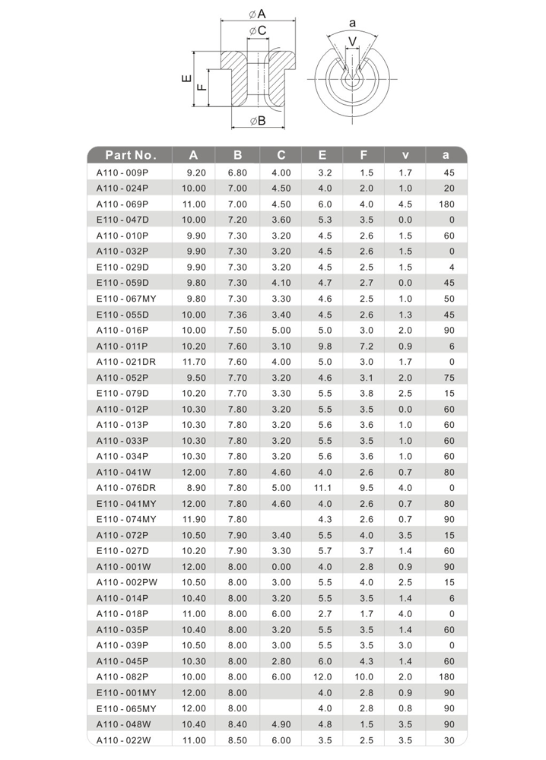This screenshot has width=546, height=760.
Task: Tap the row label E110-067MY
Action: (x=126, y=298)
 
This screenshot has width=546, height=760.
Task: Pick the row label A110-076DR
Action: (x=126, y=487)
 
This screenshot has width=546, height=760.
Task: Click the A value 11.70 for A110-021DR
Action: (x=194, y=361)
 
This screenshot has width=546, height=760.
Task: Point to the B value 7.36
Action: (x=238, y=314)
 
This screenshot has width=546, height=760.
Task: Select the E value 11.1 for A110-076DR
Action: (x=324, y=487)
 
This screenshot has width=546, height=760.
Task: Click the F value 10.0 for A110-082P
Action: (x=367, y=676)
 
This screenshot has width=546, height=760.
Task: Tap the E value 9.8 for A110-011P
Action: (x=325, y=345)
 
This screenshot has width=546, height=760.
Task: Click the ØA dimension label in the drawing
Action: (x=256, y=14)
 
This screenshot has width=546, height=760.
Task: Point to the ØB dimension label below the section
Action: (x=257, y=120)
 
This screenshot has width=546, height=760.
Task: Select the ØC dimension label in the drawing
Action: (x=257, y=30)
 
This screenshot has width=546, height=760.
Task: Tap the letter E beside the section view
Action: (x=185, y=80)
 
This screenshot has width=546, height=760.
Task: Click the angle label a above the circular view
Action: (x=352, y=22)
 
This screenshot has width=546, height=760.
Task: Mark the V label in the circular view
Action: (x=352, y=40)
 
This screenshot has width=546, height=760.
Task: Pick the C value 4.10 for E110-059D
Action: (x=281, y=282)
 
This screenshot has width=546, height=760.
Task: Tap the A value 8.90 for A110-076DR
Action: (x=195, y=487)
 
